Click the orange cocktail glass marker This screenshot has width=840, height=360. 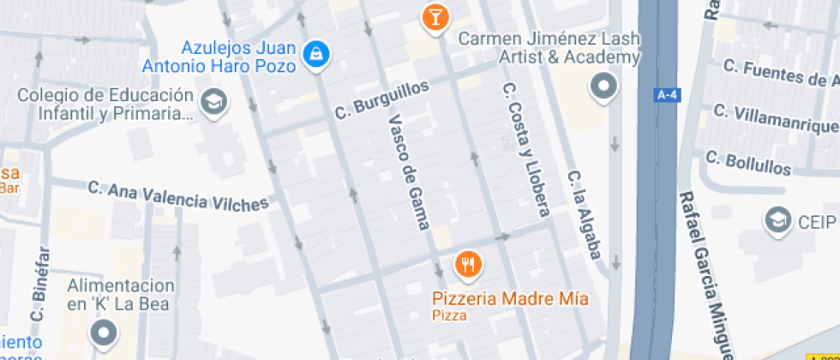[x=435, y=15]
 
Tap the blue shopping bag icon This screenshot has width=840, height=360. [x=317, y=53]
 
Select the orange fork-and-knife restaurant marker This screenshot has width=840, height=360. [x=467, y=264]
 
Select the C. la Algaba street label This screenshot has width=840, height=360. [x=585, y=215]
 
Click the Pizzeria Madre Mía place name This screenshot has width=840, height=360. [x=510, y=299]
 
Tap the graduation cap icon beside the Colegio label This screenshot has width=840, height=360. [x=211, y=104]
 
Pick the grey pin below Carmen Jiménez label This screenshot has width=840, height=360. [x=604, y=86]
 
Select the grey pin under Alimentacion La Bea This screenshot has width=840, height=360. [x=106, y=333]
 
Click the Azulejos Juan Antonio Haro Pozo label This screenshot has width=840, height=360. [x=243, y=55]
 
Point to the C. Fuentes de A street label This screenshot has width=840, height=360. [x=780, y=74]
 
